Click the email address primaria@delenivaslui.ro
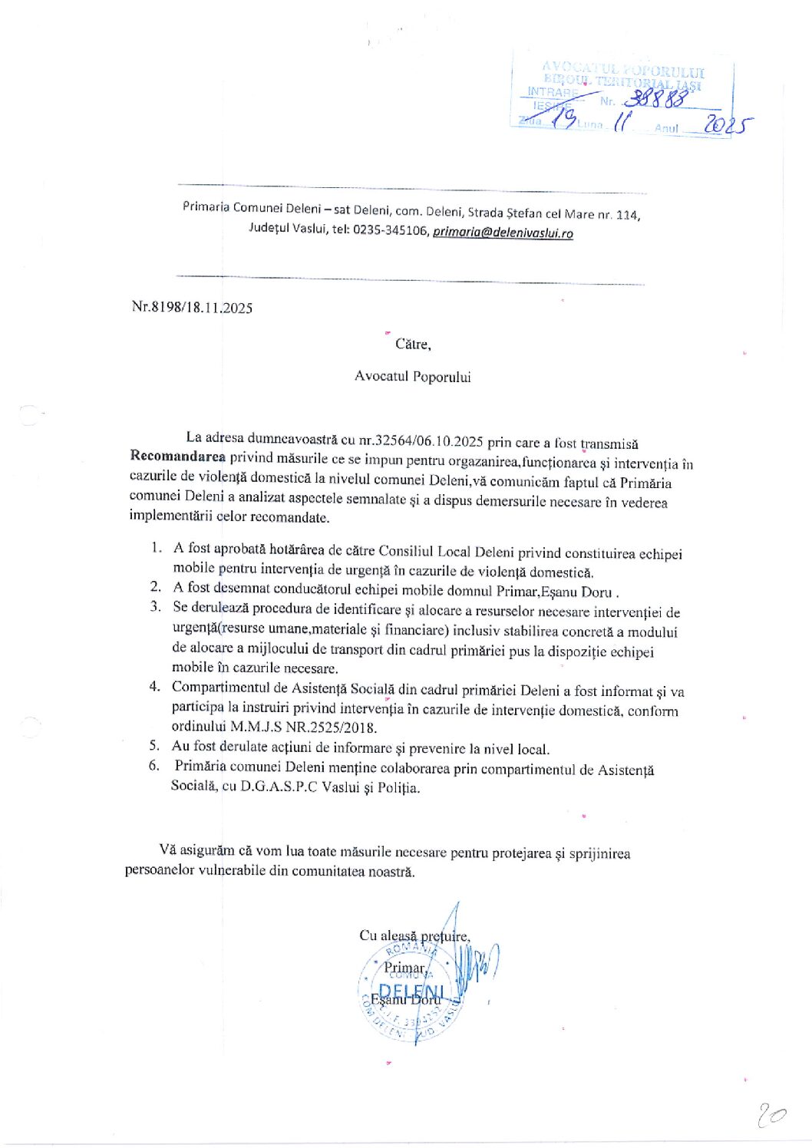[x=503, y=233]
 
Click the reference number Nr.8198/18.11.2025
[x=192, y=307]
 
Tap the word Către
[x=413, y=344]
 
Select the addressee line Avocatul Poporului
[x=413, y=376]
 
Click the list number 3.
[x=155, y=607]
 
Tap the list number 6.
[x=154, y=765]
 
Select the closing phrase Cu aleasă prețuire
[x=414, y=935]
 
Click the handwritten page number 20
[x=771, y=1113]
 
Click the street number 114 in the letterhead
[x=627, y=215]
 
